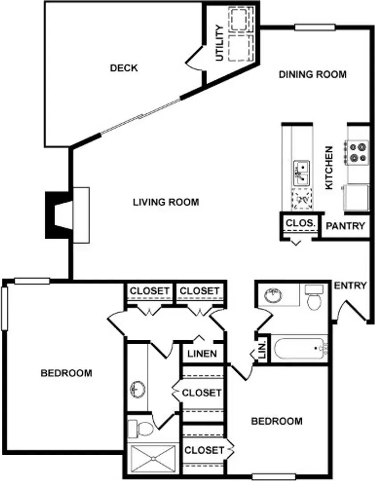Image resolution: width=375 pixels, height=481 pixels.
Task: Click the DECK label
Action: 124,68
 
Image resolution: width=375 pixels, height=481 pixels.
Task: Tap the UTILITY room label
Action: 220,43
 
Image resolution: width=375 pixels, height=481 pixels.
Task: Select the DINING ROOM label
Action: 312,74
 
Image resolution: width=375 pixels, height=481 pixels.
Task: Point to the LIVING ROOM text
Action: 166,202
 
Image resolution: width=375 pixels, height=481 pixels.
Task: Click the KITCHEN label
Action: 329,168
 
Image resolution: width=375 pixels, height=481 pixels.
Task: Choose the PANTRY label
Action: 345,226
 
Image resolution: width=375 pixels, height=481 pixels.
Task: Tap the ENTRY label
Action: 350,285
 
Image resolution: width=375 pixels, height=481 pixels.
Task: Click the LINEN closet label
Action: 202,354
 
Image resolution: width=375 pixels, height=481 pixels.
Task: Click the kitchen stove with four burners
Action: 357,153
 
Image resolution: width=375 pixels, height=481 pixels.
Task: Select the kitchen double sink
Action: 301,173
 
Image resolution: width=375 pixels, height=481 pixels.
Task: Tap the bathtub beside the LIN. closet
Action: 300,348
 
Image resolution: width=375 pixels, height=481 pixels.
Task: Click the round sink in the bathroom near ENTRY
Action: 273,296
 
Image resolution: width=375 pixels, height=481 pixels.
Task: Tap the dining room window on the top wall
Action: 315,28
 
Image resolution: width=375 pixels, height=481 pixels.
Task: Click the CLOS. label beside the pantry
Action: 301,223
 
